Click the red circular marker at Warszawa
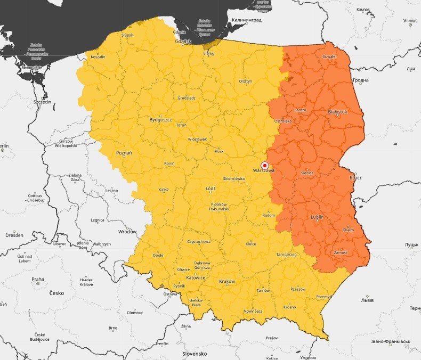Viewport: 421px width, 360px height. click(265, 165)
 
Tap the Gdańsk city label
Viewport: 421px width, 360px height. click(182, 41)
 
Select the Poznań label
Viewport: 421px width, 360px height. click(124, 153)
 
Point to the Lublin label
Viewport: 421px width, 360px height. click(318, 217)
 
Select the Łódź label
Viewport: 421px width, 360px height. click(210, 189)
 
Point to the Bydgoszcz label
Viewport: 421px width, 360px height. click(160, 120)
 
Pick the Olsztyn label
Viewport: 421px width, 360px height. click(245, 81)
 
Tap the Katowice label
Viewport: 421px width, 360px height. click(196, 277)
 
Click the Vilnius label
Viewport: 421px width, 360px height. click(410, 20)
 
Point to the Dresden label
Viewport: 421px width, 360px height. click(14, 235)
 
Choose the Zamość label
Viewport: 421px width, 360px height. click(339, 252)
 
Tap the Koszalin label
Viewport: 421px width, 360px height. click(98, 56)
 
